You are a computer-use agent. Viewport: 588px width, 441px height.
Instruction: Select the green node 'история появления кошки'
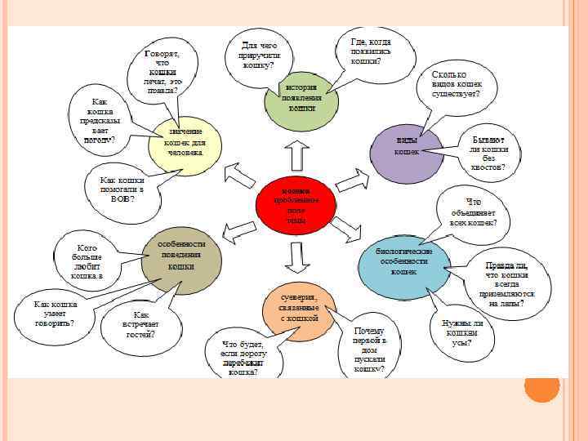click(x=301, y=100)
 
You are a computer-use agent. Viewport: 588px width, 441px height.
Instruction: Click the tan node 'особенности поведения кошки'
click(x=181, y=257)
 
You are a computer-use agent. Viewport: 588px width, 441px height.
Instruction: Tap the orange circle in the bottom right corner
click(x=541, y=385)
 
